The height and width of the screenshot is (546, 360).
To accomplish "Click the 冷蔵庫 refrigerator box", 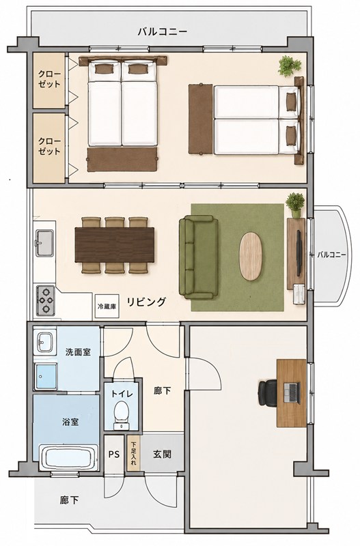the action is coord(107,306).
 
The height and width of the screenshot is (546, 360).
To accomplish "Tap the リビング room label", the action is coord(146,302).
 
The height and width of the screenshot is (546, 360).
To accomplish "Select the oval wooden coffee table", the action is coord(251,257).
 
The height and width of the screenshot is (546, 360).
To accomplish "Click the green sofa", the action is coord(198,257).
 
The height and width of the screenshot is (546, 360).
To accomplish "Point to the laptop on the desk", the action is coord(291,393).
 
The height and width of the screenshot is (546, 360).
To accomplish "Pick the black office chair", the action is coord(268,393).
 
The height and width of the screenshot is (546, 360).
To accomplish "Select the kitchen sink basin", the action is coord(44,243).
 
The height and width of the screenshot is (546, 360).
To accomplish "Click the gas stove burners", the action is coord(46,300).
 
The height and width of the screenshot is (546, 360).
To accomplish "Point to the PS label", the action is coord(114,454).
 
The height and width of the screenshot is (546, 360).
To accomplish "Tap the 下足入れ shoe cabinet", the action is coord(133,454).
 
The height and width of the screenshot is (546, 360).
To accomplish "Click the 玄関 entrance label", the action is coord(162,454).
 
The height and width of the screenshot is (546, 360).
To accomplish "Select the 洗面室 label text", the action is coord(78,352).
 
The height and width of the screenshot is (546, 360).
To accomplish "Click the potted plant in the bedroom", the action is coord(289,66).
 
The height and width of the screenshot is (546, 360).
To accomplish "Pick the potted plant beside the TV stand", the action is coord(295,205).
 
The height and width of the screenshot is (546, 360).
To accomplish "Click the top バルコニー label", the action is coord(163,32).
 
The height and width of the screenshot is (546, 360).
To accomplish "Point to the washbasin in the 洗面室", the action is coord(45,342).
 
